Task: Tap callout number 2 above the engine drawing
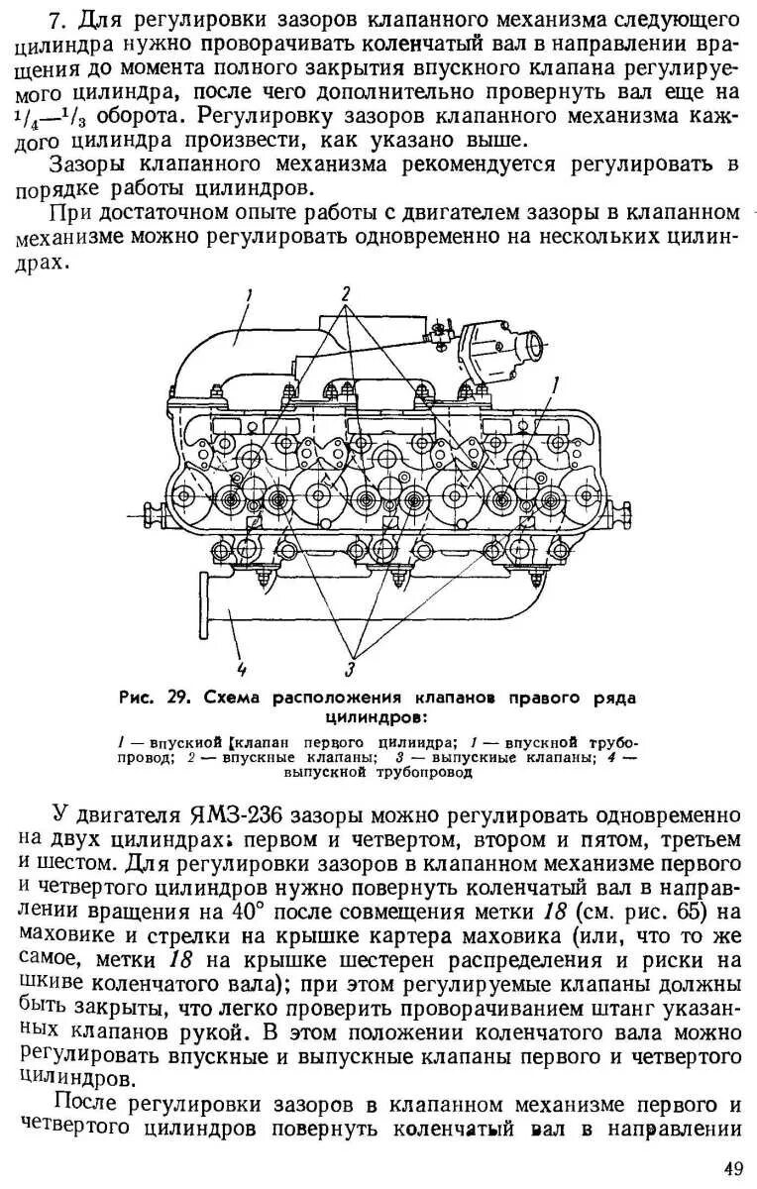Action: (x=346, y=292)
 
